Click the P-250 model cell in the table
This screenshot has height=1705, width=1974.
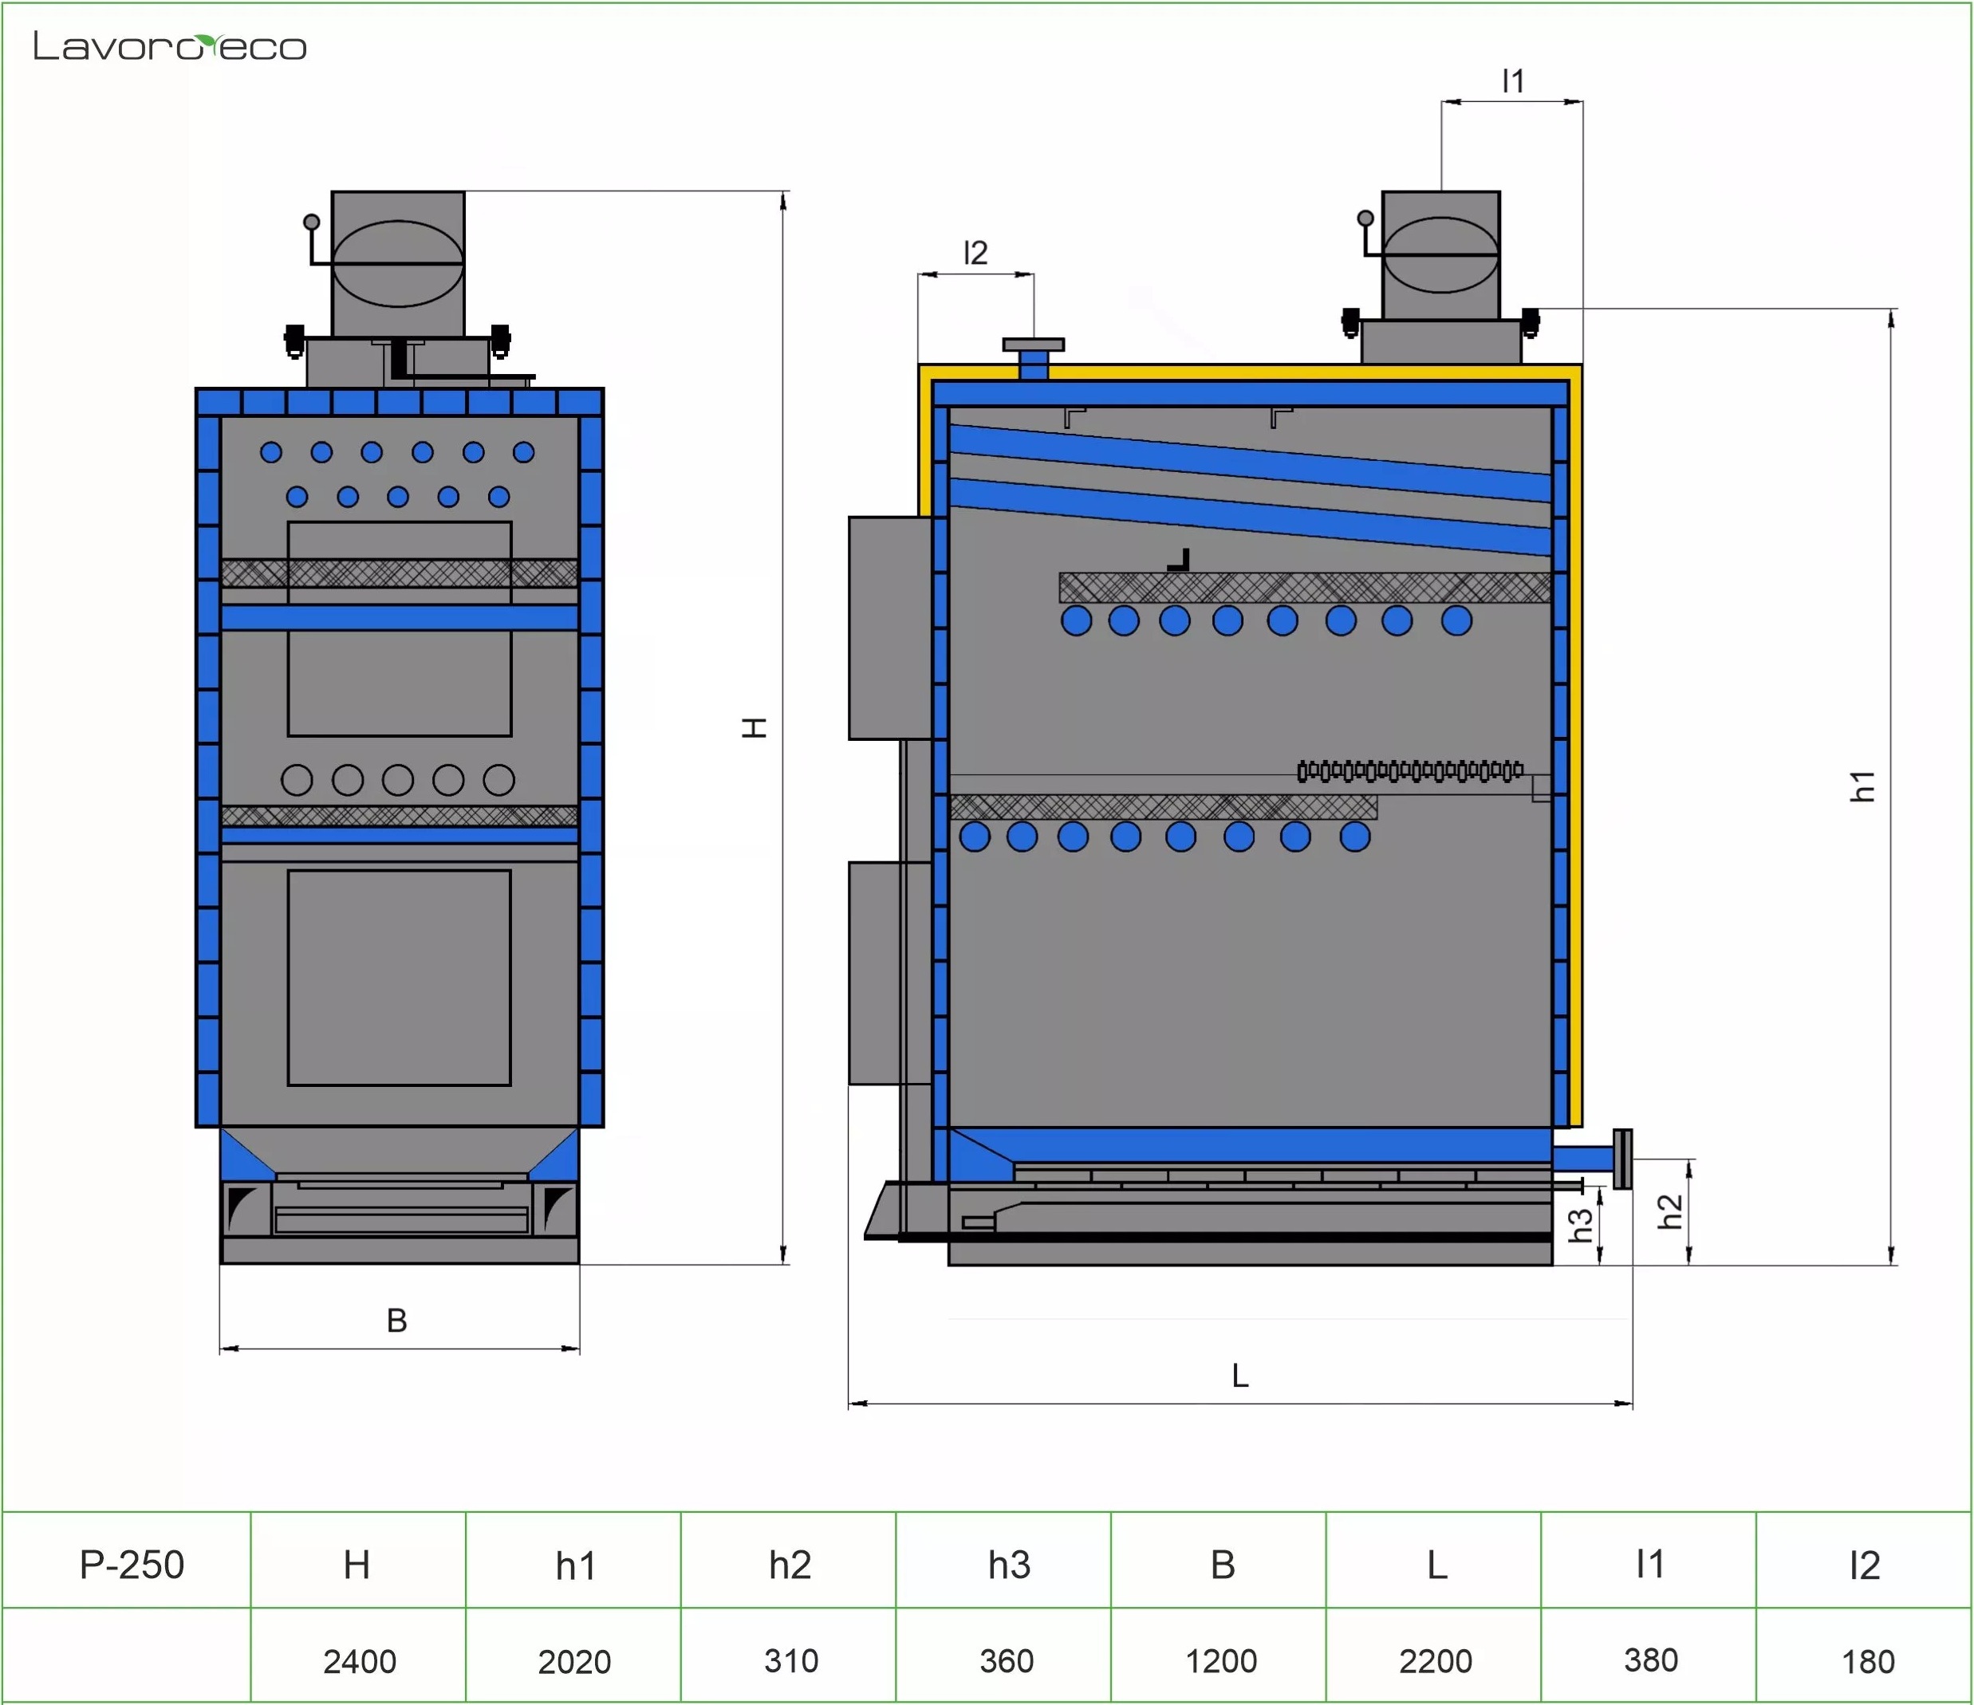[x=132, y=1565]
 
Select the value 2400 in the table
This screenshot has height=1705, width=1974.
[x=359, y=1661]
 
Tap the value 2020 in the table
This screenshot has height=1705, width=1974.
[x=573, y=1661]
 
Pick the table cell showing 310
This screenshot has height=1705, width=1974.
[x=790, y=1660]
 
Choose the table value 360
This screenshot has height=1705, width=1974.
[x=1006, y=1660]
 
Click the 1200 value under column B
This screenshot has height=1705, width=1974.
[x=1220, y=1660]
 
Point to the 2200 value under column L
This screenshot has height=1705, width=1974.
[x=1435, y=1660]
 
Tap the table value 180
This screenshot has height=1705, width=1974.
[x=1867, y=1661]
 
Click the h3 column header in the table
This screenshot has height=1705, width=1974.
[x=1008, y=1565]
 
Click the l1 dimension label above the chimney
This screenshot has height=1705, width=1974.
[x=1513, y=81]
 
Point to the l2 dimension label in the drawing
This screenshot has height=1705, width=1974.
[x=975, y=253]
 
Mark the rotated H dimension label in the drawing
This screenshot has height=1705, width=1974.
[x=755, y=728]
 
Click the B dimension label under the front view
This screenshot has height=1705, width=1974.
[x=397, y=1320]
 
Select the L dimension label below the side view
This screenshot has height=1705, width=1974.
[x=1239, y=1376]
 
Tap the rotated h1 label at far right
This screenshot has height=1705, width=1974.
[x=1862, y=786]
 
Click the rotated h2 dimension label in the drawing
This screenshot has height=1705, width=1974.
[x=1670, y=1211]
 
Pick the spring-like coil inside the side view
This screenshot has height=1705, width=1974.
[x=1410, y=770]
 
